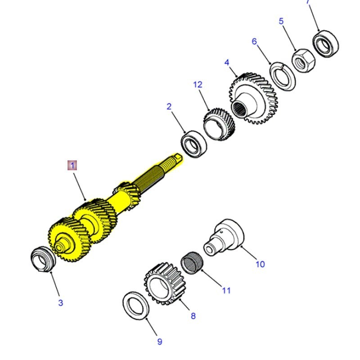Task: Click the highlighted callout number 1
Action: coord(72,165)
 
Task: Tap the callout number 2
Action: coord(169,107)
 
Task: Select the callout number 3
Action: coord(61,303)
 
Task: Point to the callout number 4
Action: coord(227,62)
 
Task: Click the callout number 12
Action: coord(198,85)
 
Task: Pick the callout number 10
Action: coord(260,264)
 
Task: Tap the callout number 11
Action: coord(226,290)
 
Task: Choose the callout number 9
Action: coord(159,342)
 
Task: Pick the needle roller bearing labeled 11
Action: coord(193,261)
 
